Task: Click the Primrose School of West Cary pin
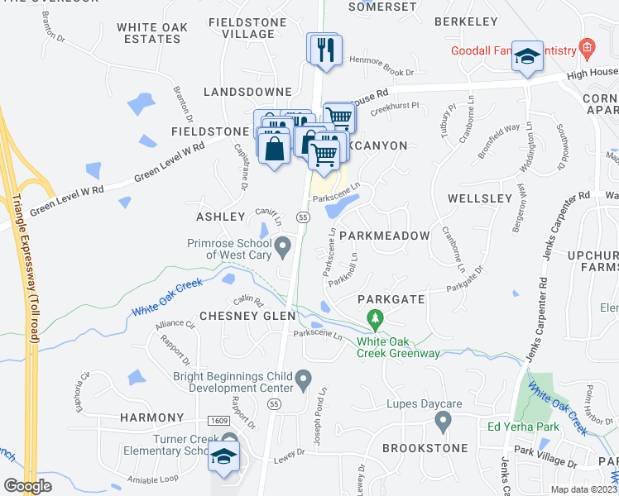click(283, 246)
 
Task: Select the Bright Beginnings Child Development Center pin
click(304, 379)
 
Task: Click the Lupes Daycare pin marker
click(442, 422)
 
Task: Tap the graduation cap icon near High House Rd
click(526, 56)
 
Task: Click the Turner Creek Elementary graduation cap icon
click(223, 457)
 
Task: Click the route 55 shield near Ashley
click(303, 217)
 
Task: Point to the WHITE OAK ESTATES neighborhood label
click(152, 33)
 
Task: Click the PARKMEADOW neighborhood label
click(384, 236)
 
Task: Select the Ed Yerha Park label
click(523, 427)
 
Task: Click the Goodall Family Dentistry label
click(513, 50)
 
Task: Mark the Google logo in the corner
click(28, 486)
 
